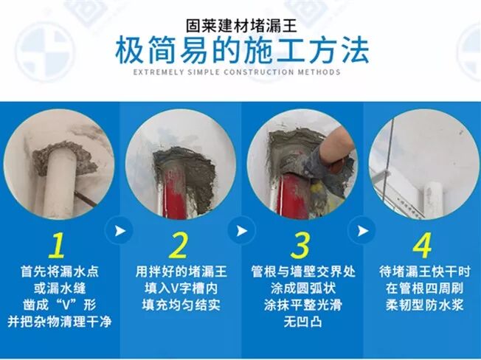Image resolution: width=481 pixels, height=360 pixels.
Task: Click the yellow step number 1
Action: tap(58, 245)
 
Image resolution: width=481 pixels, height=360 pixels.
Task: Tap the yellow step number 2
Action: tap(179, 245)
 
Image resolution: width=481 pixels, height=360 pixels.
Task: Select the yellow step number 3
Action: tap(301, 245)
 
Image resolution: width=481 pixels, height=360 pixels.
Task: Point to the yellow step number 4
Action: tap(423, 245)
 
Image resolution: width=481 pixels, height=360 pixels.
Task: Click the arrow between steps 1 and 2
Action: tap(120, 231)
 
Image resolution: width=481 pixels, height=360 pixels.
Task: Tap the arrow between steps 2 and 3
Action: tap(241, 231)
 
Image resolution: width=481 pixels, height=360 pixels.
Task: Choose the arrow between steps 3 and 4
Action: tap(362, 231)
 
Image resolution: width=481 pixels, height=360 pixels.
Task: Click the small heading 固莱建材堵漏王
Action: tap(241, 26)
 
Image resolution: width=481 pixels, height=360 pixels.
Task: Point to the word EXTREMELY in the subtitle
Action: tap(159, 72)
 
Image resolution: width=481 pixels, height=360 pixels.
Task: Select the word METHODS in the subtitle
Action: tap(319, 72)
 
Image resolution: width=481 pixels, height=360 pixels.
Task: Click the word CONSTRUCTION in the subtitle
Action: tap(259, 72)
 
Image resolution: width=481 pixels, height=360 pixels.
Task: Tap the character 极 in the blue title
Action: tap(129, 50)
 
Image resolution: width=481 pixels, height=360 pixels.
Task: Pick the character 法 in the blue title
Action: tap(355, 50)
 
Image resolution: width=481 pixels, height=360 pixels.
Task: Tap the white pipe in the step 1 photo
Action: tap(59, 184)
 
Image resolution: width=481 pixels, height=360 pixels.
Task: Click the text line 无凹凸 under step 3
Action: tap(302, 322)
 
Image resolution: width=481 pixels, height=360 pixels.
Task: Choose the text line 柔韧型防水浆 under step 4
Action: tap(424, 305)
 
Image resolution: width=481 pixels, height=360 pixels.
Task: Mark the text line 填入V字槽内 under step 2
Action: tap(181, 288)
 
